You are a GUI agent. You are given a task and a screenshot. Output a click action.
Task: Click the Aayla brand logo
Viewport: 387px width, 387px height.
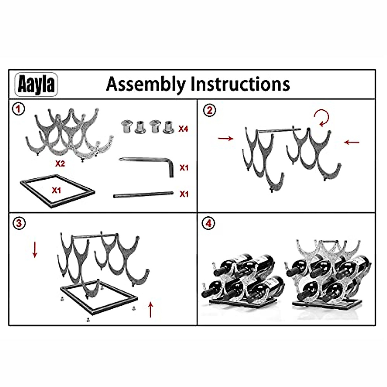tap(36, 84)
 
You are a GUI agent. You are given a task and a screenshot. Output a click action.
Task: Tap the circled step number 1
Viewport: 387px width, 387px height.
tap(18, 109)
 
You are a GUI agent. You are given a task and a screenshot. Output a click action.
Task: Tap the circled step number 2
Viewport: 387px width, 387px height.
tap(209, 111)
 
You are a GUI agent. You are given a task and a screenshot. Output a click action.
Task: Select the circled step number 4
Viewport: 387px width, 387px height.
tap(208, 223)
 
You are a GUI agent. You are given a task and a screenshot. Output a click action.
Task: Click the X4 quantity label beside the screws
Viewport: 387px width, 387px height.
tap(183, 129)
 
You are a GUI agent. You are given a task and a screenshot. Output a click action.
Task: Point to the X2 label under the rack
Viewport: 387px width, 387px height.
tap(60, 164)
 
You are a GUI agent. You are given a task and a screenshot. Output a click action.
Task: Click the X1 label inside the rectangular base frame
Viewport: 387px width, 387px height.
tap(56, 190)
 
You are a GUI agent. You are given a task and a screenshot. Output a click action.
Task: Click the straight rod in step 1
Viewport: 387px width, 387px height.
tap(143, 194)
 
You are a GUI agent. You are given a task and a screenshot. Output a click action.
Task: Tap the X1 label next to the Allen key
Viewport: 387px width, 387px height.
tap(184, 168)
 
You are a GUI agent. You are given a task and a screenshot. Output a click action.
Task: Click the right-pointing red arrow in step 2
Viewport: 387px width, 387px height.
tap(225, 139)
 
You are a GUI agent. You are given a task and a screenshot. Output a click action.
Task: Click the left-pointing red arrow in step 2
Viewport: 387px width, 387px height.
tap(352, 142)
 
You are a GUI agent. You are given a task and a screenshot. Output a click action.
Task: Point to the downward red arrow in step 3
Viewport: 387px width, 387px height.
tap(35, 250)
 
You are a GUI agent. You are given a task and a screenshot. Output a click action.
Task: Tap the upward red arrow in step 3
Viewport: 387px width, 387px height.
tap(150, 310)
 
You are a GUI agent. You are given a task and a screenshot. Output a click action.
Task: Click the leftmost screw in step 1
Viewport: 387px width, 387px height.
tap(125, 126)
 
